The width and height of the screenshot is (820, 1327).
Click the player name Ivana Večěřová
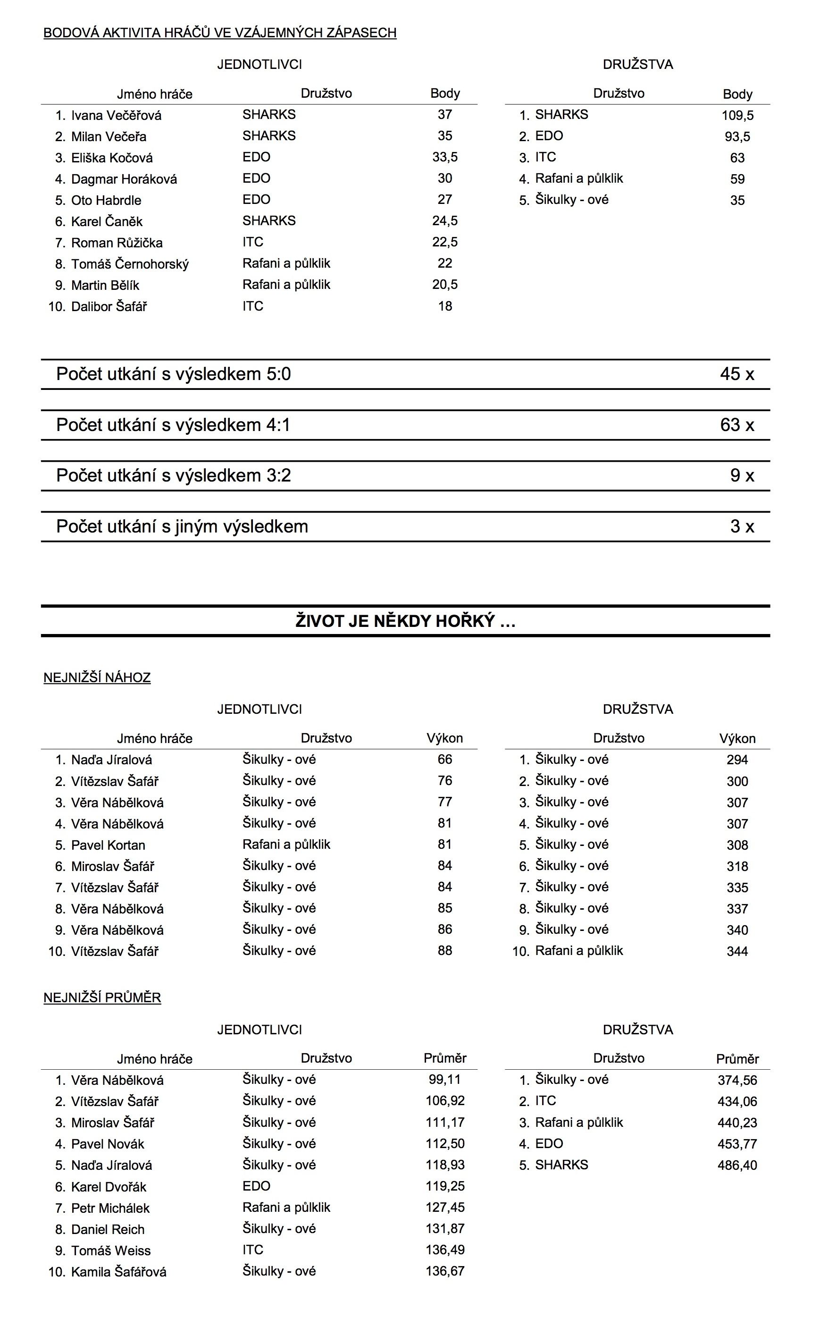tap(116, 116)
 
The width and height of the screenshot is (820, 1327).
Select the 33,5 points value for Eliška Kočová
tap(445, 157)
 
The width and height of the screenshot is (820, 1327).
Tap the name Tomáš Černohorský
tap(130, 264)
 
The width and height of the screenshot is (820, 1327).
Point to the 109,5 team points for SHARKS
tap(737, 116)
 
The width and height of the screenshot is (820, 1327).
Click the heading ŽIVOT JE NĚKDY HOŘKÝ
tap(405, 621)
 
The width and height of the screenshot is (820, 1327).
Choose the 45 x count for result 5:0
tap(736, 374)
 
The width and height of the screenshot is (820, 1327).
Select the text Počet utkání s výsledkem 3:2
tap(174, 475)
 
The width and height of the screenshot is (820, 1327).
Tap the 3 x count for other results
tap(741, 526)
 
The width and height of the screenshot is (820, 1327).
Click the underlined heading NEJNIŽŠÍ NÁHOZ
tap(97, 677)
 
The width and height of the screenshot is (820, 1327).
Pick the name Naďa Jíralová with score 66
tap(111, 760)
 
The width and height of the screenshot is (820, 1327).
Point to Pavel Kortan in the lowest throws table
tap(108, 845)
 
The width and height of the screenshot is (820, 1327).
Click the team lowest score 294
tap(737, 760)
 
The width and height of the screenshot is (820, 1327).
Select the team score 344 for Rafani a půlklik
tap(737, 951)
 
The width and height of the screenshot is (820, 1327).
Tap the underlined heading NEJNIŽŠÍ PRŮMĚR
tap(102, 997)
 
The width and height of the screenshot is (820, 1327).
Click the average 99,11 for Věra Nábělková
tap(445, 1080)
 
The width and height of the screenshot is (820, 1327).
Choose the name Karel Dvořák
tap(109, 1186)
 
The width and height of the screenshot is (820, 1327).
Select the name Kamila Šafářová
tap(118, 1272)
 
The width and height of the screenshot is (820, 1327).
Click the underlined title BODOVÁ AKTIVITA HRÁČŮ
tap(220, 33)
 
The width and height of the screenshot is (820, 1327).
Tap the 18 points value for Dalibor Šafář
tap(445, 306)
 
